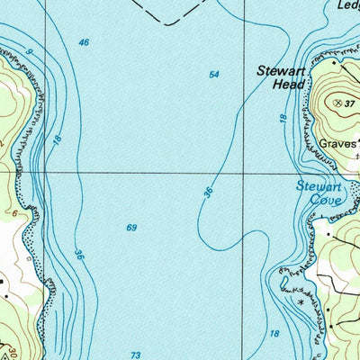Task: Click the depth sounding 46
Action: pyautogui.click(x=84, y=43)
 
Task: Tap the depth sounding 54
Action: pyautogui.click(x=214, y=75)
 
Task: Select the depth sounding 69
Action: pyautogui.click(x=131, y=228)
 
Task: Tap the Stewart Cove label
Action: pyautogui.click(x=319, y=193)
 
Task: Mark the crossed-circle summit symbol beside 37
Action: pyautogui.click(x=338, y=104)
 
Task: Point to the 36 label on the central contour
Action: pyautogui.click(x=209, y=193)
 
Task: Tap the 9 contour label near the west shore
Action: pyautogui.click(x=28, y=53)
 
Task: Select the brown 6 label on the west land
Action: pyautogui.click(x=14, y=212)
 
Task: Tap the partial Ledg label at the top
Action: pyautogui.click(x=346, y=4)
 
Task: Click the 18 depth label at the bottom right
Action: pyautogui.click(x=274, y=334)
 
